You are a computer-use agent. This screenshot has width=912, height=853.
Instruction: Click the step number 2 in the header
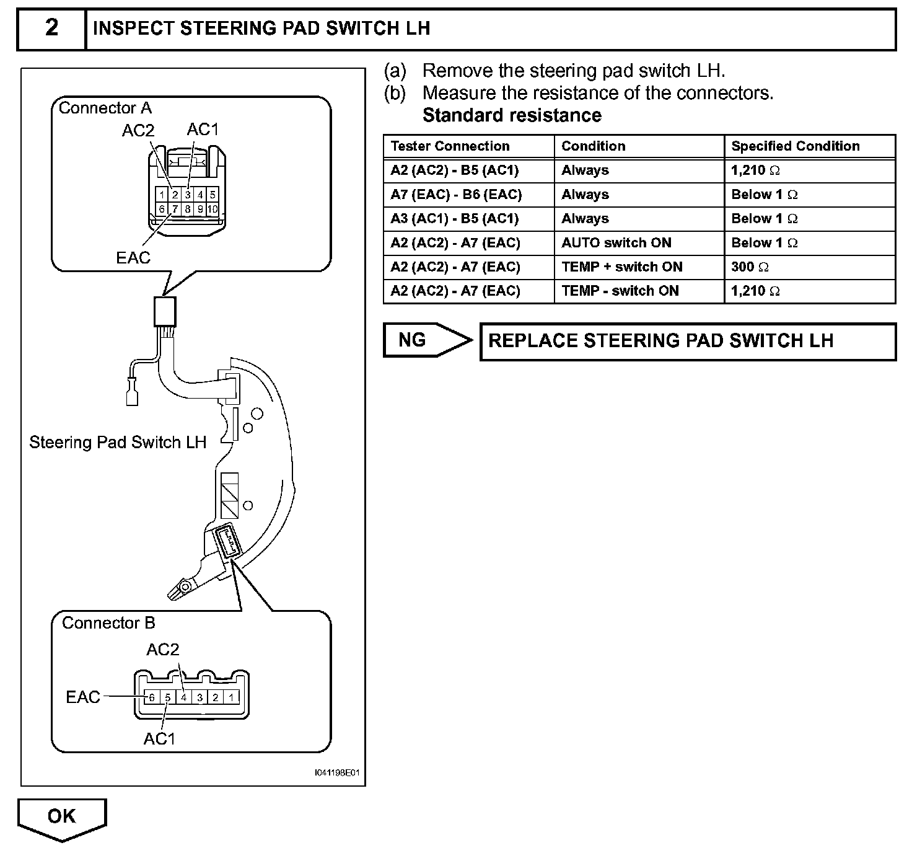click(x=51, y=28)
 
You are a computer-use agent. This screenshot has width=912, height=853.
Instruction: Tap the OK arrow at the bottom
click(x=62, y=817)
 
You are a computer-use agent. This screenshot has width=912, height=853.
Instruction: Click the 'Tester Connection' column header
click(x=450, y=146)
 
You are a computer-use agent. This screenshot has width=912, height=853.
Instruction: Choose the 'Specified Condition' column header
click(x=795, y=146)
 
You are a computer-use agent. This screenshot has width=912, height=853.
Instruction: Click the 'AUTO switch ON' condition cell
click(x=616, y=243)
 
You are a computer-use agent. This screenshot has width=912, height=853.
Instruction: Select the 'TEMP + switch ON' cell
click(x=621, y=267)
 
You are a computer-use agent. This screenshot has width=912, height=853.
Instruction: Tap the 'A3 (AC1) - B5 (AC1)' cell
click(x=454, y=219)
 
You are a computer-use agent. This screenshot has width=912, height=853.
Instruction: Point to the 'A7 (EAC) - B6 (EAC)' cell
click(x=456, y=195)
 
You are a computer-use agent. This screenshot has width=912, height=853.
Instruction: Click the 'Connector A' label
click(x=105, y=108)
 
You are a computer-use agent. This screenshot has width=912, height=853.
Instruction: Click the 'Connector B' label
click(x=108, y=623)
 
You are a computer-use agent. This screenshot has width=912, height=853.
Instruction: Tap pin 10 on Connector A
click(x=213, y=210)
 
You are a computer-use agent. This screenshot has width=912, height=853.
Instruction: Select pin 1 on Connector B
click(x=231, y=697)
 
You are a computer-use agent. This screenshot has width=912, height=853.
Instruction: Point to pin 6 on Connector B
click(x=151, y=697)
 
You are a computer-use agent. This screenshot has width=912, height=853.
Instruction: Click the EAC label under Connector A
click(x=133, y=257)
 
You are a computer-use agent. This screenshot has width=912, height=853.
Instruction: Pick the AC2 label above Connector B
click(x=163, y=650)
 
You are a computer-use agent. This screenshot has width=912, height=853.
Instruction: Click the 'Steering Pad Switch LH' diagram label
click(x=118, y=442)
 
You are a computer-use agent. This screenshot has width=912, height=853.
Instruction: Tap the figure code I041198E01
click(x=336, y=773)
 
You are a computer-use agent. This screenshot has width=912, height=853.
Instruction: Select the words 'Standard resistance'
click(x=512, y=115)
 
